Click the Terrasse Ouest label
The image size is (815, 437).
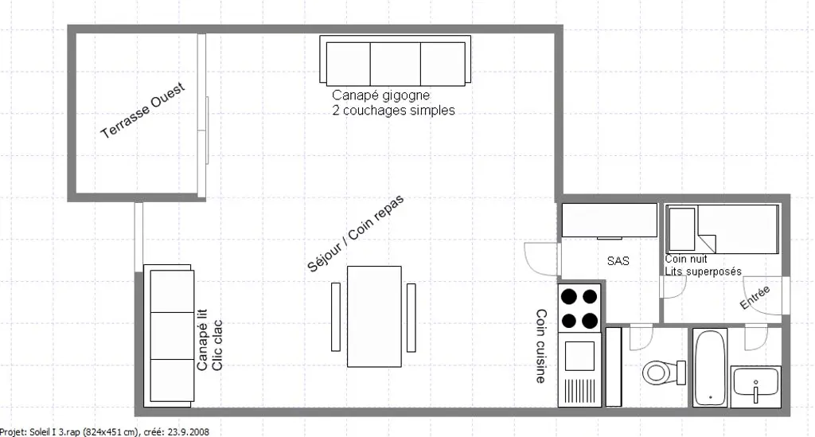pos(142,111)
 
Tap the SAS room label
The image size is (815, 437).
pos(618,261)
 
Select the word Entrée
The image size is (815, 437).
pos(755,298)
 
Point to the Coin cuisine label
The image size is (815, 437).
pos(541,346)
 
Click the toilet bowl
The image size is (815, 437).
pos(664,372)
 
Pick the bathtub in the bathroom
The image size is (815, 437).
pos(710,368)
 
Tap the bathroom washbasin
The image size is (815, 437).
pos(756,386)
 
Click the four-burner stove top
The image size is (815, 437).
pos(579,308)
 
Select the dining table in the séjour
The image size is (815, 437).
pos(374,317)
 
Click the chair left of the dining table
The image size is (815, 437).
pos(336,317)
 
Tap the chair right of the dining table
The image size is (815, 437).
pos(411,317)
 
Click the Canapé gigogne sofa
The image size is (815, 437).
pos(395,60)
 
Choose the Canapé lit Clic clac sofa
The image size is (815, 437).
pos(169,336)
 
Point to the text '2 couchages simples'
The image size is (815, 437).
pos(393,110)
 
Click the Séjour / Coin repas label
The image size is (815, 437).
pos(356,234)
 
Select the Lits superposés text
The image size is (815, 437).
pos(704,271)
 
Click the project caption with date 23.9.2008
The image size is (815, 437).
pos(104,431)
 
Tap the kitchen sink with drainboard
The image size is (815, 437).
pos(579,369)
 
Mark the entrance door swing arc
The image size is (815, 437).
pos(764,296)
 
